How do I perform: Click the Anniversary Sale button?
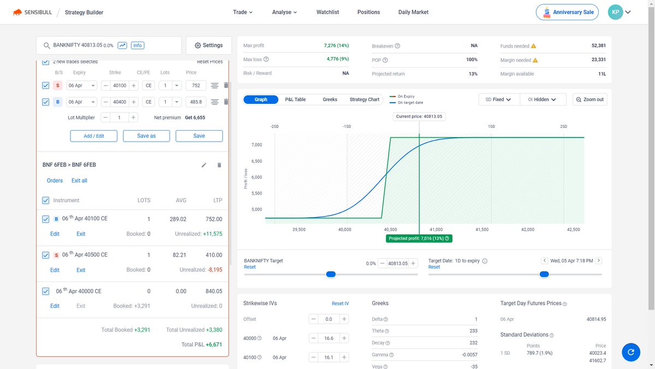(568, 12)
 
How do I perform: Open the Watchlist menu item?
(328, 12)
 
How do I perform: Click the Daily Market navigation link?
(413, 12)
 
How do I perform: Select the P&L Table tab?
(295, 99)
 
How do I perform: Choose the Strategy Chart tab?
(364, 99)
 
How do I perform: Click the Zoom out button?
(589, 99)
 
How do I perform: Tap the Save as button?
(146, 136)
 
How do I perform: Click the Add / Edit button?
(94, 136)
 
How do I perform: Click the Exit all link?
(79, 180)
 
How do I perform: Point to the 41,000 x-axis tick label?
(436, 230)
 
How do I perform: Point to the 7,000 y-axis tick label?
(257, 145)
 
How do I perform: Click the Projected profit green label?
(419, 238)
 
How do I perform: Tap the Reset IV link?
(340, 303)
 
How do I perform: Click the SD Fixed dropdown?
(498, 99)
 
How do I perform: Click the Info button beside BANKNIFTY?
(138, 45)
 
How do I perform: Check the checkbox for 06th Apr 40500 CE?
(46, 255)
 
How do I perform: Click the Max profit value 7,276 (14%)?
(336, 45)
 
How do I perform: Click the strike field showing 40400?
(119, 102)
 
